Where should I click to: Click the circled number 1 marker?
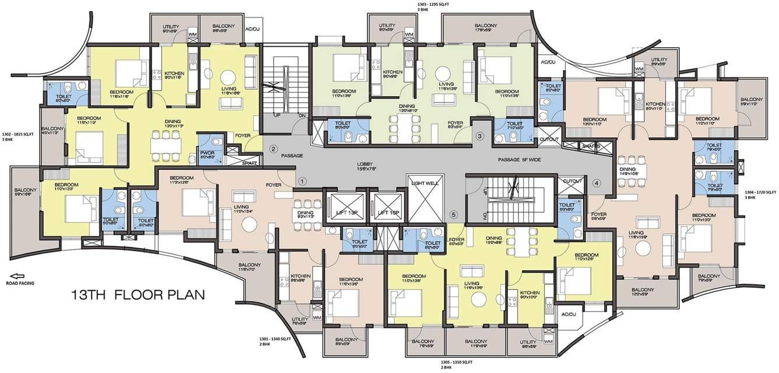click(x=302, y=182)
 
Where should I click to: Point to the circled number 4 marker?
click(x=596, y=183)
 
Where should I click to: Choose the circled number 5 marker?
click(x=455, y=214)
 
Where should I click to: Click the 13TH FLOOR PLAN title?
click(x=138, y=294)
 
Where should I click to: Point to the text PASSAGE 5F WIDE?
click(x=521, y=159)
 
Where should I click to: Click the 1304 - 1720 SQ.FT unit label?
click(x=761, y=194)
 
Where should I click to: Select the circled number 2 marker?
click(x=273, y=149)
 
